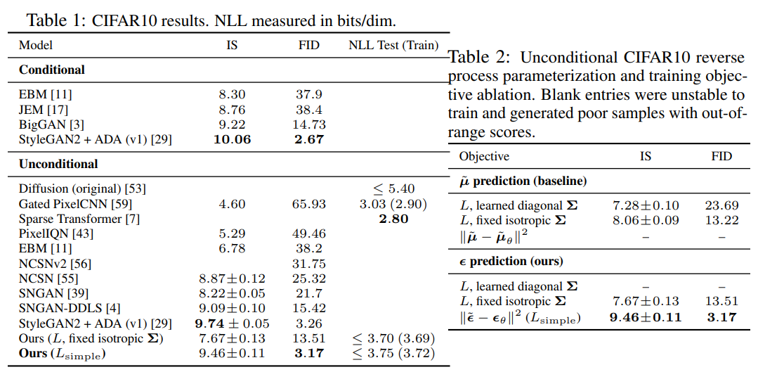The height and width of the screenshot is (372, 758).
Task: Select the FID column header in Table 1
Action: [308, 45]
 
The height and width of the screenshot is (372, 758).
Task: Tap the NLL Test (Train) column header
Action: [393, 45]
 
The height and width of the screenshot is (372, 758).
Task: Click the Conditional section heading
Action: [51, 70]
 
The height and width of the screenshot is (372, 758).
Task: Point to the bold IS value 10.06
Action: [231, 139]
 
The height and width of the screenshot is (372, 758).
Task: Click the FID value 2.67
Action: [308, 139]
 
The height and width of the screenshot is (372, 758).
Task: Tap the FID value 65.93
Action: [308, 204]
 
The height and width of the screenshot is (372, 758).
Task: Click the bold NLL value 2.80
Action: [393, 219]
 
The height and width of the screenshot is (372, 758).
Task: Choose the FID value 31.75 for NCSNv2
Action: [308, 264]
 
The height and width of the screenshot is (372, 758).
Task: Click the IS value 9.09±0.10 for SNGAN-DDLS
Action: [231, 308]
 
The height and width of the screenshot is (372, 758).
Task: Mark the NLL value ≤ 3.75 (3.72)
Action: [393, 353]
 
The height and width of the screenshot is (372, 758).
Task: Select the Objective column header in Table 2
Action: [484, 156]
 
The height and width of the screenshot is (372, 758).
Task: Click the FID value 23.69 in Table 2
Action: [721, 205]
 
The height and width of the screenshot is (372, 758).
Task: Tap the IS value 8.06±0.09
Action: [645, 220]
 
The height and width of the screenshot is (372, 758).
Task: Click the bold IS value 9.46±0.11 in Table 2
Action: [645, 317]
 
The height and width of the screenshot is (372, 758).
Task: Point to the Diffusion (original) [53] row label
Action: [83, 188]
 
